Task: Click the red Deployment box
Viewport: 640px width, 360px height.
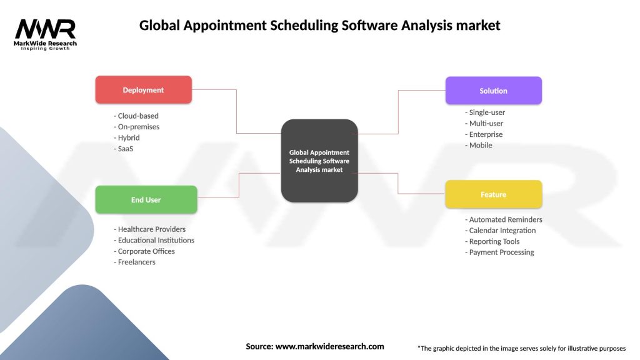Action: tap(143, 89)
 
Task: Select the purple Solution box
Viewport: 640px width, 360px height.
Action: tap(493, 90)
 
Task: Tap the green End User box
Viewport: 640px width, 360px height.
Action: tap(146, 199)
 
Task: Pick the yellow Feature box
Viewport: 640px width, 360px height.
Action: tap(493, 194)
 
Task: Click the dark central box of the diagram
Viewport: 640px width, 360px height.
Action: tap(319, 161)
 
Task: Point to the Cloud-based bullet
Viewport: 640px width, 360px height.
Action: tap(136, 116)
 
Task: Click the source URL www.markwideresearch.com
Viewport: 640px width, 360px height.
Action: tap(329, 346)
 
